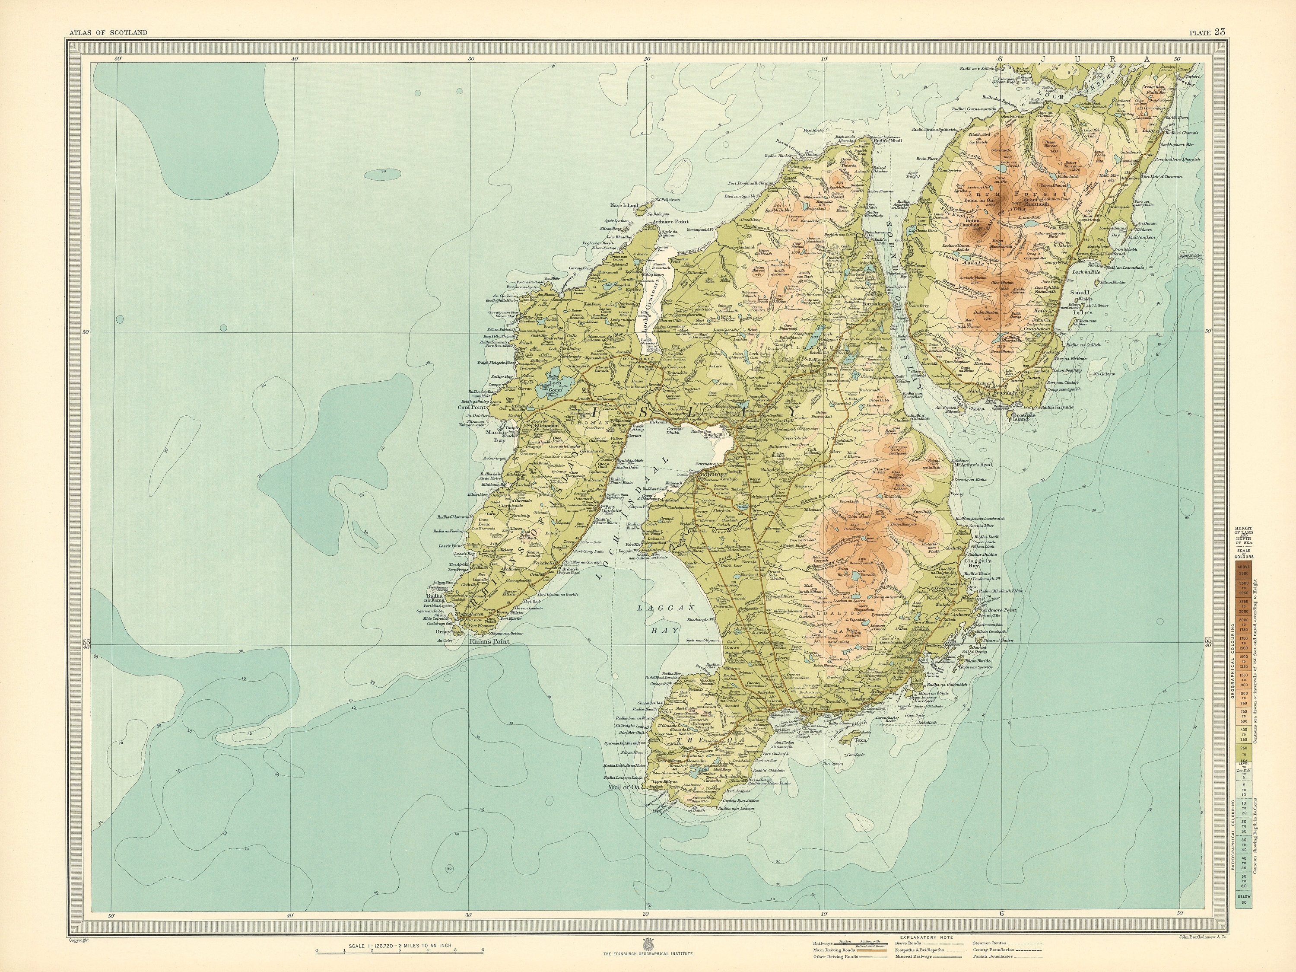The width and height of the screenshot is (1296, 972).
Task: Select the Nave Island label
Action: pos(623,205)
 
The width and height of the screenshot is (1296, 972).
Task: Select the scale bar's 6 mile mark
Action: pos(482,950)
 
